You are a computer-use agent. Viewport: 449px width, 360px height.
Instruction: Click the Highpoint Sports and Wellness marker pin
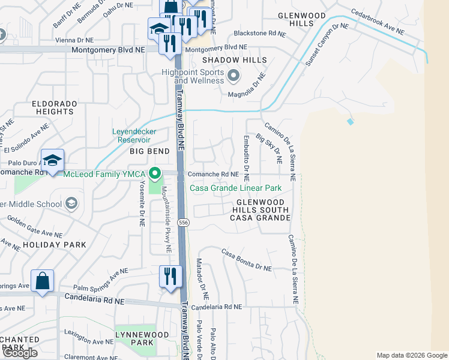click(x=234, y=77)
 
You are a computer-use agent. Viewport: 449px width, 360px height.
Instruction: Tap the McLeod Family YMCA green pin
click(x=155, y=174)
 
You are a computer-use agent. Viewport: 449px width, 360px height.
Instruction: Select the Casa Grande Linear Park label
click(x=236, y=188)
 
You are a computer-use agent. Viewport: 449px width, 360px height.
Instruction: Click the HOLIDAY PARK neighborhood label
click(x=55, y=245)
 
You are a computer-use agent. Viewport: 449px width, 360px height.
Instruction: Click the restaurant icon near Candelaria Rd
click(x=171, y=277)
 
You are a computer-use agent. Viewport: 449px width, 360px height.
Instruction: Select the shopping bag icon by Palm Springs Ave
click(x=42, y=281)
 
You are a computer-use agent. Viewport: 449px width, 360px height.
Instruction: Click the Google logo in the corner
click(x=20, y=353)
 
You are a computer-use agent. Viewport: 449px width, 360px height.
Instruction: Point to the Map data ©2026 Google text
click(x=411, y=355)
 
